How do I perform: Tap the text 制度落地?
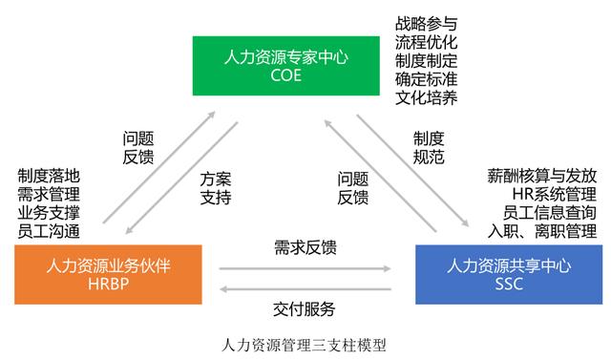(x=49, y=176)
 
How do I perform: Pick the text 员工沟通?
(x=49, y=230)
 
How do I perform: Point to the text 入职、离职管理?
(x=541, y=230)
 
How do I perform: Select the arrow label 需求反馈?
(x=305, y=247)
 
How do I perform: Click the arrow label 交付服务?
(x=305, y=308)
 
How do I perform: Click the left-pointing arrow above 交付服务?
(x=305, y=286)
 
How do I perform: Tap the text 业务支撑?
(x=49, y=212)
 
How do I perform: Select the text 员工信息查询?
(x=548, y=212)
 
